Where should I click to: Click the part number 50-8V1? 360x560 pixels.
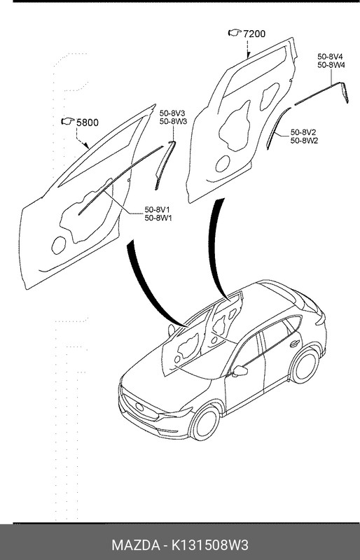click(x=158, y=209)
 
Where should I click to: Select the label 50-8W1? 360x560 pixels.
click(x=158, y=218)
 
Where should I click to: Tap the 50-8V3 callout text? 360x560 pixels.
click(x=172, y=113)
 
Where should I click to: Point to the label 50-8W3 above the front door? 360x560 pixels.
click(x=173, y=121)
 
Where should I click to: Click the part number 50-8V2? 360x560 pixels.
click(x=303, y=132)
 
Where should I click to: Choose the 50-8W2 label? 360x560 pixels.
click(x=304, y=141)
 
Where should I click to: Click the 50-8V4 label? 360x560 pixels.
click(x=331, y=57)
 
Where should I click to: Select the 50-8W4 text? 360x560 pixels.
click(x=331, y=65)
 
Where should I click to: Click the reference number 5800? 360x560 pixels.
click(x=88, y=123)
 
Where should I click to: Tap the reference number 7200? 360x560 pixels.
click(x=254, y=34)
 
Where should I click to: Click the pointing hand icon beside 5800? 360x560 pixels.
click(x=67, y=121)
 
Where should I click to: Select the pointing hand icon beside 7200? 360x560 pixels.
click(x=235, y=33)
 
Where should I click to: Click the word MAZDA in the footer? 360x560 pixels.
click(x=135, y=545)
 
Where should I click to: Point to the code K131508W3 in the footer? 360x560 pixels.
click(x=210, y=545)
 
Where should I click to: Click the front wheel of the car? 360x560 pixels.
click(x=205, y=423)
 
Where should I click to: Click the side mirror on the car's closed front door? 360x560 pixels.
click(x=240, y=371)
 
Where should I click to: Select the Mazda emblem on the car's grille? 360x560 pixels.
click(x=139, y=407)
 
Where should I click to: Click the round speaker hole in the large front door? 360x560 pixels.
click(x=59, y=246)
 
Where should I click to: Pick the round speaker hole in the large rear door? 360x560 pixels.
click(x=223, y=164)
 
